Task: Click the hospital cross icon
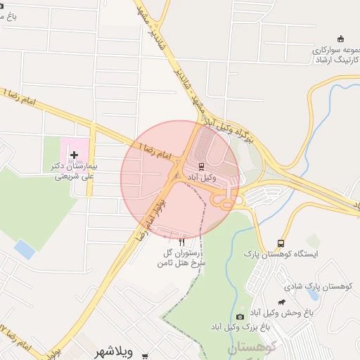pyautogui.click(x=74, y=154)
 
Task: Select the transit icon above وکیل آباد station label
pyautogui.click(x=202, y=167)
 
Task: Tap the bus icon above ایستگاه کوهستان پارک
pyautogui.click(x=282, y=243)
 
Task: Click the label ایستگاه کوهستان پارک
pyautogui.click(x=281, y=253)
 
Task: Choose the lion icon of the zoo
pyautogui.click(x=281, y=302)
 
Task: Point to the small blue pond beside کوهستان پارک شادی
pyautogui.click(x=312, y=296)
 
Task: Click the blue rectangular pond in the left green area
pyautogui.click(x=25, y=249)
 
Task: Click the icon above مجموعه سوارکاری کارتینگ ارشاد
pyautogui.click(x=341, y=38)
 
